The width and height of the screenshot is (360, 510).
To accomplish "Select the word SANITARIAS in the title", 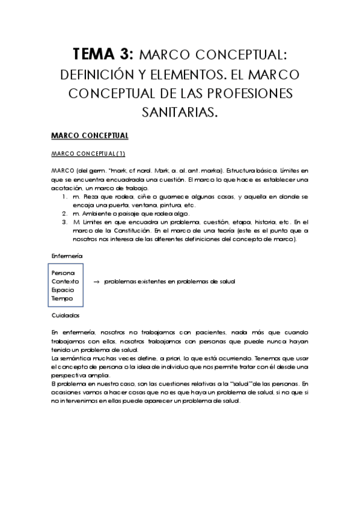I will [180, 112].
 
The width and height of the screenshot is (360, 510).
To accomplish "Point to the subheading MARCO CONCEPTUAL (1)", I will [88, 153].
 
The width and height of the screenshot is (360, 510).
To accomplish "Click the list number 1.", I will [65, 197].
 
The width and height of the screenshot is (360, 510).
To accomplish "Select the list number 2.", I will [65, 214].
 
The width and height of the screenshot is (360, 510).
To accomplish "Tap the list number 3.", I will [65, 222].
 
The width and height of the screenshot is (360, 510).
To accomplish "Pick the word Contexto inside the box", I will [66, 281].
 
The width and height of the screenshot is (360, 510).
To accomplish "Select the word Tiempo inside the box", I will [63, 298].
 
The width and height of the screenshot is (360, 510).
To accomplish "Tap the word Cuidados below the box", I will [66, 315].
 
